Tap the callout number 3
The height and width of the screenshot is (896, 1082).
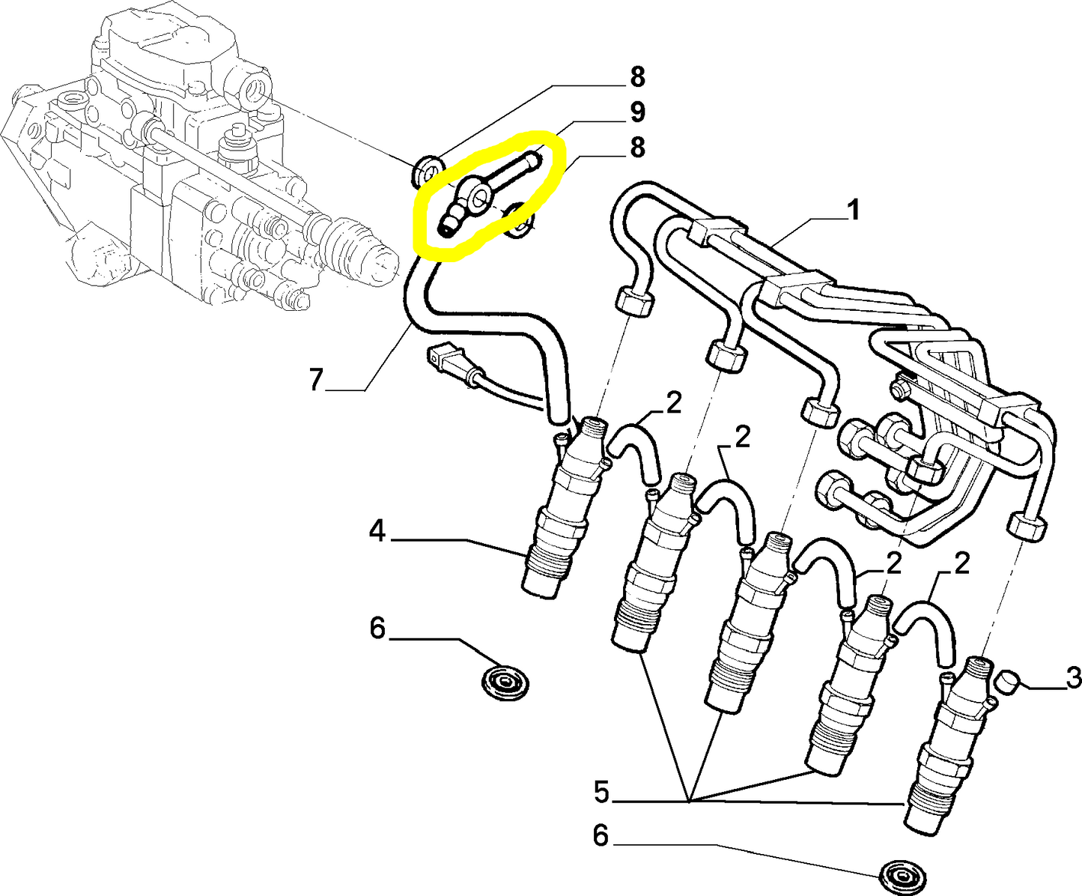click(x=1072, y=678)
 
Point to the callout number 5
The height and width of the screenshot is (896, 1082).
click(x=601, y=792)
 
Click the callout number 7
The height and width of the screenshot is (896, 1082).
click(x=315, y=381)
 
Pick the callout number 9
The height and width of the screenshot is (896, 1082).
click(x=636, y=112)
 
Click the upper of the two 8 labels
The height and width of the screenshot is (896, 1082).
click(x=636, y=76)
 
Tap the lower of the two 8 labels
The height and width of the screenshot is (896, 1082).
click(x=636, y=148)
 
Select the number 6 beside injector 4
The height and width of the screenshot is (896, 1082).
click(x=377, y=628)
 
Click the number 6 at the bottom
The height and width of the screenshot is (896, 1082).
click(x=601, y=835)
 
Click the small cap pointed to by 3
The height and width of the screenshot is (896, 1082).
click(x=1011, y=682)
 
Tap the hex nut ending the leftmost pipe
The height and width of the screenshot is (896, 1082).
click(x=633, y=301)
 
